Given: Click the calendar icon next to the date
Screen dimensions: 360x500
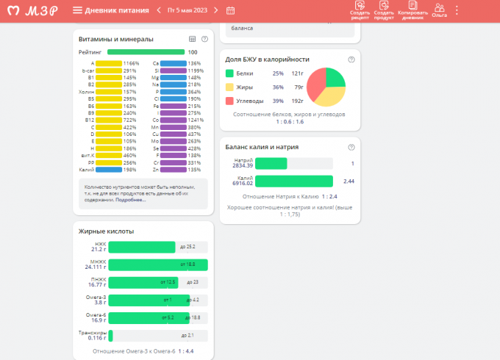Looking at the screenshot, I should [230, 10].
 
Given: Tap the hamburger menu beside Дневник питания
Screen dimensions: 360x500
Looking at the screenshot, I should [77, 10].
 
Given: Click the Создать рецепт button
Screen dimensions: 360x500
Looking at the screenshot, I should [360, 10].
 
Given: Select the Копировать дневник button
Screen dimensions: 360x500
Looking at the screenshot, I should [413, 10].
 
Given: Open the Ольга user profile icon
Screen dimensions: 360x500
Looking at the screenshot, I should [440, 10].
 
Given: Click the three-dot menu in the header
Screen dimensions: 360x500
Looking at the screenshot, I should [457, 10].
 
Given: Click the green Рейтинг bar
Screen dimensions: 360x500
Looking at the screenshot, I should [146, 52].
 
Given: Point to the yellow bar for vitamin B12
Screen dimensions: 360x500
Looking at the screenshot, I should [109, 119].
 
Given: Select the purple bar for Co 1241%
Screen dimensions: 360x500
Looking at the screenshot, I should [173, 119].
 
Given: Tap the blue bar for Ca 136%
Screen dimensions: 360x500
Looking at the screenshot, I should [173, 63].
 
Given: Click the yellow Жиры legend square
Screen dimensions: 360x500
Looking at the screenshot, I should [230, 87].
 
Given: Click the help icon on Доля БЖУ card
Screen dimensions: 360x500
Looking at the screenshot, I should [351, 59].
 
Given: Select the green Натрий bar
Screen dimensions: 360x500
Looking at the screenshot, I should [271, 164].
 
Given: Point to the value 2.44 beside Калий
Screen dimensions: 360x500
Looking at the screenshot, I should [349, 181].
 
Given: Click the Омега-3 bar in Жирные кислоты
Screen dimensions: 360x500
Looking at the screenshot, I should [149, 300].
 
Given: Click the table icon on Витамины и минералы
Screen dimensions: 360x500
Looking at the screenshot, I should [192, 39].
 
